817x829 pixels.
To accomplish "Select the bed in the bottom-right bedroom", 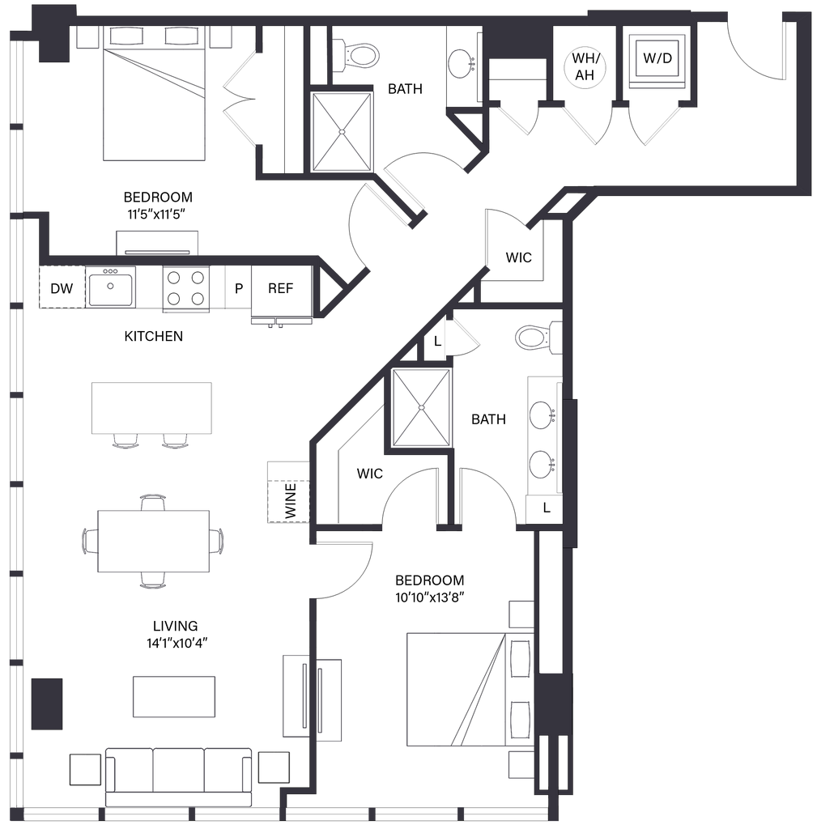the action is click(x=457, y=688).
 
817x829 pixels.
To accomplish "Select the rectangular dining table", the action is click(x=154, y=541).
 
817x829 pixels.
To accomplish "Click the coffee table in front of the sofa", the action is click(x=173, y=695).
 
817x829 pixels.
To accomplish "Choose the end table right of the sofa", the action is click(x=274, y=767).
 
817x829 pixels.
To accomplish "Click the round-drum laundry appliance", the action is click(x=585, y=69).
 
